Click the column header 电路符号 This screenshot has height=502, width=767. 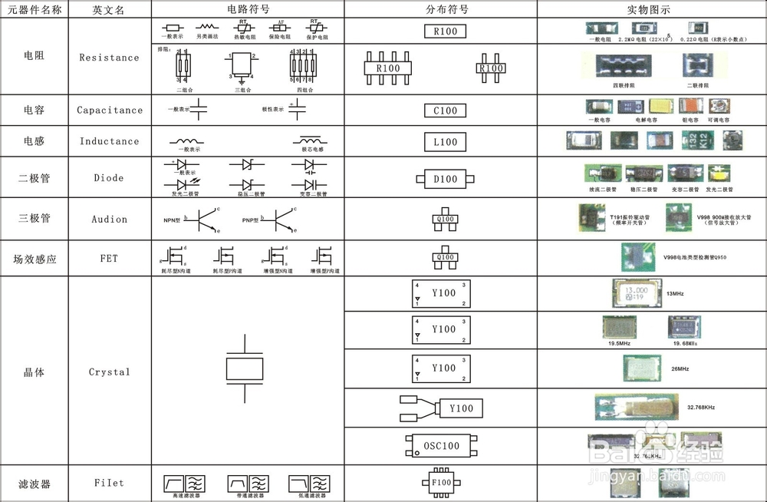248,9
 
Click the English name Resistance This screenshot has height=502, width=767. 109,58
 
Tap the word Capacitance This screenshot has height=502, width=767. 109,110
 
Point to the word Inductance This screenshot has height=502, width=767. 109,141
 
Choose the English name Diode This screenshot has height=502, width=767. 109,178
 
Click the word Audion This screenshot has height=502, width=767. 109,219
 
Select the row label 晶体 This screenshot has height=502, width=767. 35,372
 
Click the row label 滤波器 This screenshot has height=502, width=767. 35,484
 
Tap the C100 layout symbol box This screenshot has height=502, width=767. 445,111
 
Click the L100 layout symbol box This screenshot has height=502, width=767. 445,142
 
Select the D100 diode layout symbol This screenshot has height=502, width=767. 445,179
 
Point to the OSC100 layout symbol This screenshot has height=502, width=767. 441,446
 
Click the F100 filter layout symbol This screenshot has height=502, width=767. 443,484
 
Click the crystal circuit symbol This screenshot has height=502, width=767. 245,368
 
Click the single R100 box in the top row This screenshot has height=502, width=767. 445,32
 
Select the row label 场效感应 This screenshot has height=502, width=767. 35,259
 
